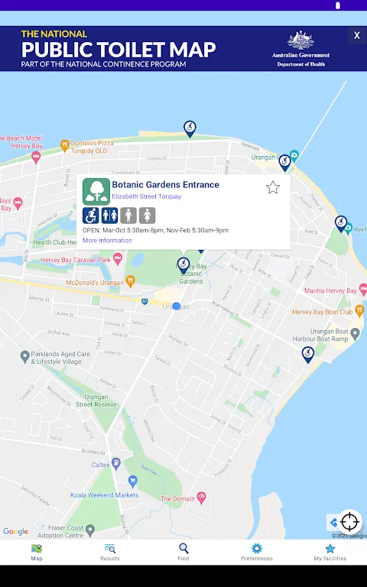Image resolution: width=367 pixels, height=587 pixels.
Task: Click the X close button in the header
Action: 356,35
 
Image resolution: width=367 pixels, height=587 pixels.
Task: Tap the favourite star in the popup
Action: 273,187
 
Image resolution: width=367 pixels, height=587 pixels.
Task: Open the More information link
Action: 107,241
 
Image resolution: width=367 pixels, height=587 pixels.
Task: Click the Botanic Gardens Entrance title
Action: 165,185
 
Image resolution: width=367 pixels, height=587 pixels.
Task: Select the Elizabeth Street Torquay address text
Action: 147,196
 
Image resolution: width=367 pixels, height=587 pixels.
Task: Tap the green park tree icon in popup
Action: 96,191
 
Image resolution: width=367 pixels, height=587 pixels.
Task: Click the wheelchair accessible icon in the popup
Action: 91,216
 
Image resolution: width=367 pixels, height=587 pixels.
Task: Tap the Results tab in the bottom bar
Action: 110,552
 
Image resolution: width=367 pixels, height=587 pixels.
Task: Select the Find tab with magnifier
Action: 183,552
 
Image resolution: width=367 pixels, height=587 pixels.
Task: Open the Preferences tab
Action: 257,552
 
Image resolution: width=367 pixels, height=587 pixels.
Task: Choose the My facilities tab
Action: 330,552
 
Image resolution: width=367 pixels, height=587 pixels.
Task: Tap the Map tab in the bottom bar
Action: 37,552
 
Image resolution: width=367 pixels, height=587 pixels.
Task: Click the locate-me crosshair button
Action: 349,522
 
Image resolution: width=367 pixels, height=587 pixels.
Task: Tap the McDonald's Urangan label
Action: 96,282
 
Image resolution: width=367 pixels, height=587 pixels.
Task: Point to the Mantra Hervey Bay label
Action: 330,291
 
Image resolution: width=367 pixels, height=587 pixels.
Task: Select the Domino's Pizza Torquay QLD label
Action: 95,146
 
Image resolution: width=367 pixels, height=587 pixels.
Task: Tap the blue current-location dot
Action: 177,306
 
